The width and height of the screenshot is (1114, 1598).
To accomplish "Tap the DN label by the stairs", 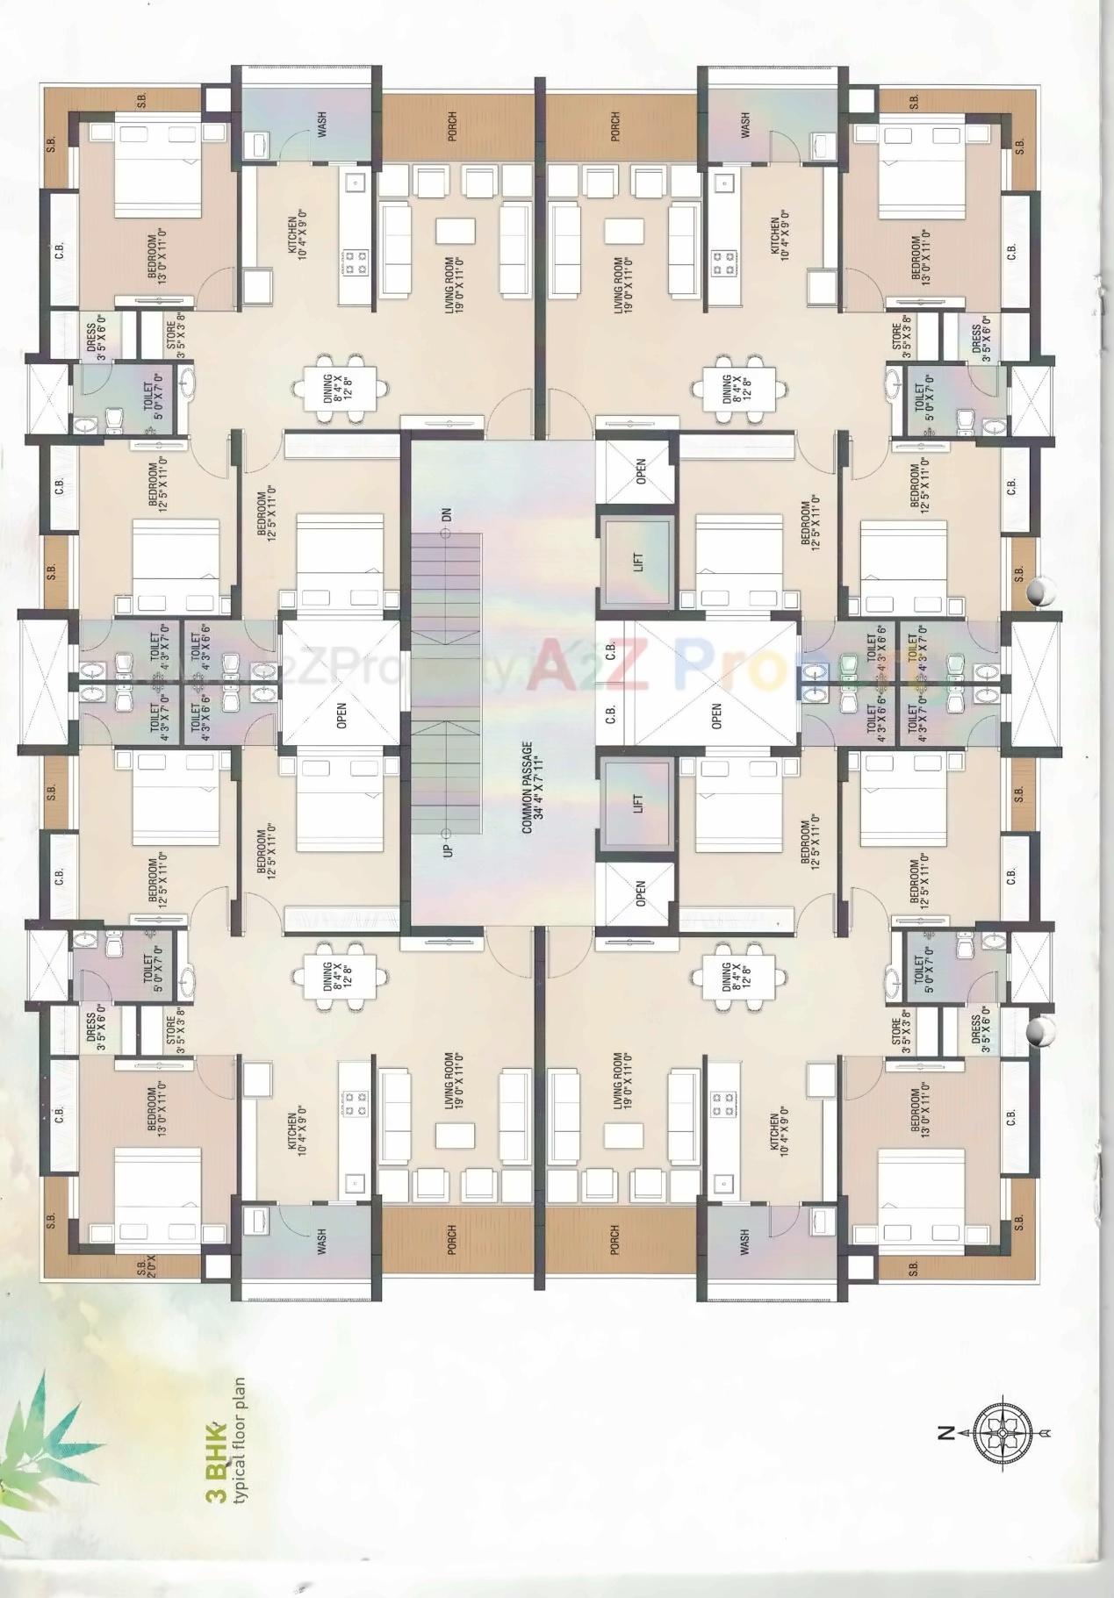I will (x=448, y=515).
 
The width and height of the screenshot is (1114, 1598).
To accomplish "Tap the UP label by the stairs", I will (x=449, y=849).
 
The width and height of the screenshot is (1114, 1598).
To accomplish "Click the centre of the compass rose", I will (x=1002, y=1433).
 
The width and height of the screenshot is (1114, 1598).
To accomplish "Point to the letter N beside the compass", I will (x=945, y=1433).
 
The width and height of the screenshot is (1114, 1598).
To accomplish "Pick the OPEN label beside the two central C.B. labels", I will (x=716, y=716).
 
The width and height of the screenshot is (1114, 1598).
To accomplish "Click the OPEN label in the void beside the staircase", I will (x=341, y=715).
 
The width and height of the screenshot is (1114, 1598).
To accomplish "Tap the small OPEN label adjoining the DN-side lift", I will (x=640, y=471).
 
